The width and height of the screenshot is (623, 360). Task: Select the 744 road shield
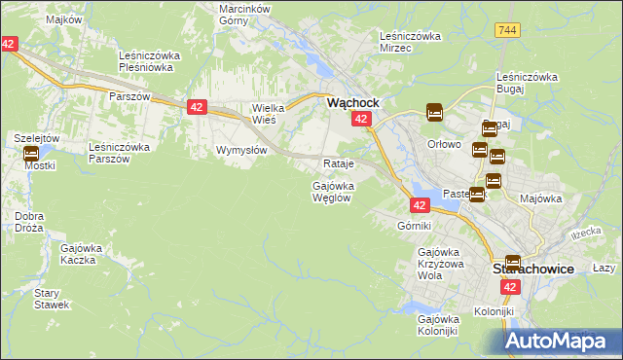tap(504, 31)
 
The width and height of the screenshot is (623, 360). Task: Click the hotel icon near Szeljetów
tap(29, 153)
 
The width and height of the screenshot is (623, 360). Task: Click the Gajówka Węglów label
tap(331, 191)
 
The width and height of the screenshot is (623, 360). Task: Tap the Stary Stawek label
tap(51, 299)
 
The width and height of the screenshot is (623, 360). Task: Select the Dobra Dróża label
tap(29, 221)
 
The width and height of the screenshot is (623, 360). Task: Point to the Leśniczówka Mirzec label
tap(410, 42)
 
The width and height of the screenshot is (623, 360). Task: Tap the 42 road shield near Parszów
tap(196, 107)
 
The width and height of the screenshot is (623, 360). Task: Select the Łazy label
tap(605, 268)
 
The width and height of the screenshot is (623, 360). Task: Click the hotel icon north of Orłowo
tap(433, 113)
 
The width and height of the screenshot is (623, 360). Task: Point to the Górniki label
tap(414, 226)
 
